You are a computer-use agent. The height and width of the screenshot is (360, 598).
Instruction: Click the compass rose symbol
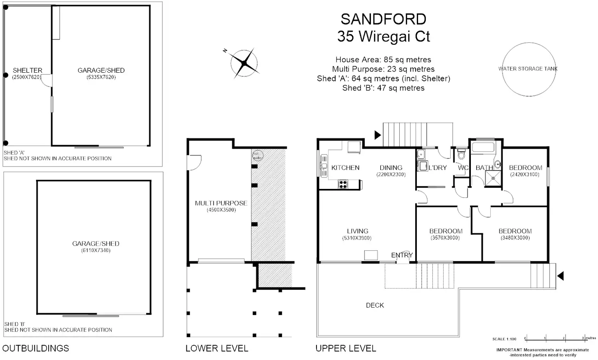[244, 63]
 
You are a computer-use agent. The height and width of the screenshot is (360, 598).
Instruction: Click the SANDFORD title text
[383, 19]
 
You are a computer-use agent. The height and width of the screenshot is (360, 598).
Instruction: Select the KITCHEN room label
[345, 168]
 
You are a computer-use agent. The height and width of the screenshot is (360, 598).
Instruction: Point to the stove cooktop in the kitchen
[343, 184]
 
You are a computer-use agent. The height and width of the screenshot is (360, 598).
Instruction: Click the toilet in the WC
[461, 155]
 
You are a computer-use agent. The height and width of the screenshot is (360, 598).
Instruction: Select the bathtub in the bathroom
[482, 147]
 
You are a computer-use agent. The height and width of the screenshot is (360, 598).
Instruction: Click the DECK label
[375, 305]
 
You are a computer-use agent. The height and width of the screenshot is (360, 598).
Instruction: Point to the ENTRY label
[402, 255]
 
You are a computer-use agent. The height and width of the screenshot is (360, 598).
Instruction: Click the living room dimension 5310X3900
[357, 238]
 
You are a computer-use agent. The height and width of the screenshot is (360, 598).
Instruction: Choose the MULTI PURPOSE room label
[221, 203]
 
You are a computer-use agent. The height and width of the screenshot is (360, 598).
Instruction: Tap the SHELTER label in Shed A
[28, 70]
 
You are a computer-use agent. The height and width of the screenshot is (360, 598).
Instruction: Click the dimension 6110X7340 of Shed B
[95, 250]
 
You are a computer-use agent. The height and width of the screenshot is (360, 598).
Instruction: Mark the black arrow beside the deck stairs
[560, 276]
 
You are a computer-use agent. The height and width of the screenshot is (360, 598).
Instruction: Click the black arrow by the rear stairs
[377, 135]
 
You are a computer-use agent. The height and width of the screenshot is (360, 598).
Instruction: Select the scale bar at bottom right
[554, 338]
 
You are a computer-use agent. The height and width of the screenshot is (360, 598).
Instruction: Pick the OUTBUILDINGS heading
[36, 348]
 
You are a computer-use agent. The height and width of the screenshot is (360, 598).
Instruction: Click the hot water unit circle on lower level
[257, 155]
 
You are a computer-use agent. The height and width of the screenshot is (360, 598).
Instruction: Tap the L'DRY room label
[438, 167]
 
